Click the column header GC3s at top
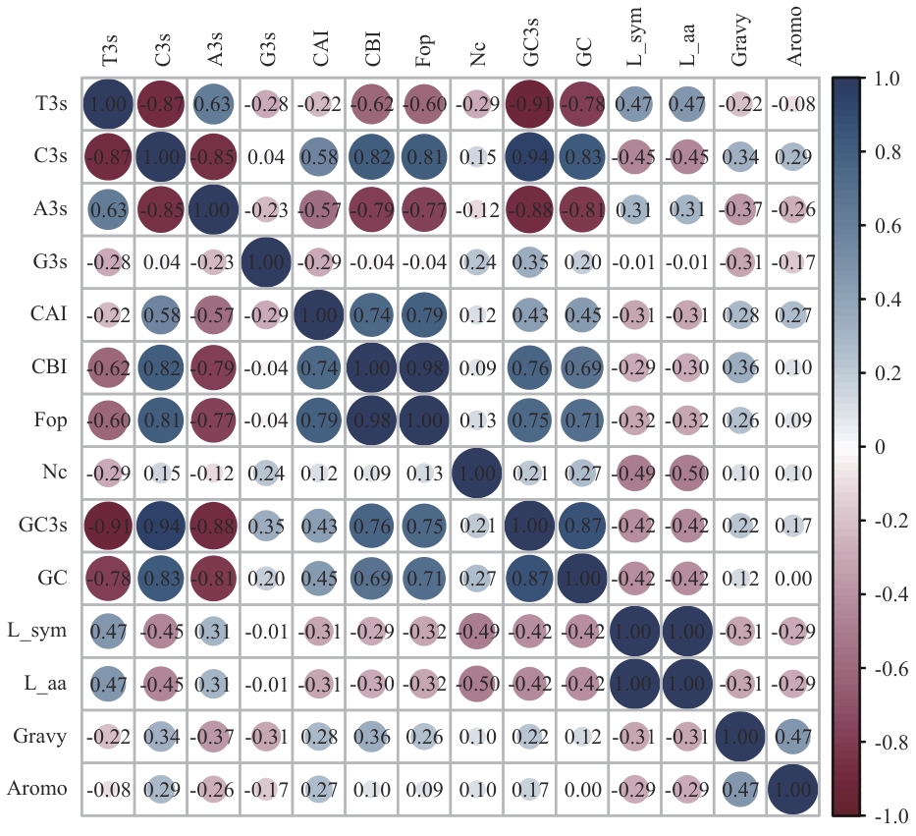(531, 46)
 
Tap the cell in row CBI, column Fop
(425, 367)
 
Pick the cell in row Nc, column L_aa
(689, 473)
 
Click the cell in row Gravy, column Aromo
(794, 736)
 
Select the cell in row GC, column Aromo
(794, 578)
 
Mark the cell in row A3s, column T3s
(108, 209)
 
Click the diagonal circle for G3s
(267, 262)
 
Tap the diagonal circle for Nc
(478, 473)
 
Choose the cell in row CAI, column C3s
(161, 314)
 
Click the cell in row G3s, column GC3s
(531, 262)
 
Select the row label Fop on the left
(50, 420)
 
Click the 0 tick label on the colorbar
(877, 447)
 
